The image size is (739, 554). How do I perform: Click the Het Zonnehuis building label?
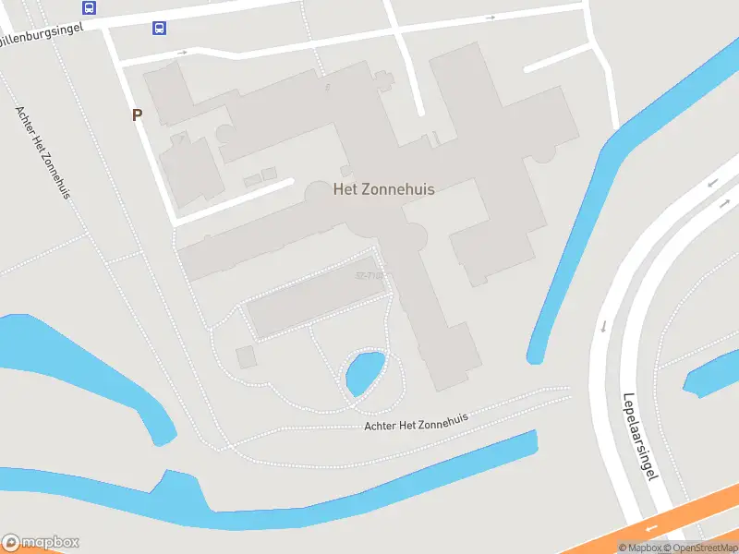(x=383, y=188)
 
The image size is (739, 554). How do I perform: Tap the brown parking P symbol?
(x=138, y=115)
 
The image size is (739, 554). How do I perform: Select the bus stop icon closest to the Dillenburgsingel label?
(x=89, y=8)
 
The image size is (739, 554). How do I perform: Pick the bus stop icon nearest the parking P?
(x=160, y=28)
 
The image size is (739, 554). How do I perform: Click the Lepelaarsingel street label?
(x=638, y=433)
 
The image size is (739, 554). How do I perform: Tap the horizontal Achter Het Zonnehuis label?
(x=416, y=421)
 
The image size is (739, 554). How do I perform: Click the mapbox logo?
(x=41, y=543)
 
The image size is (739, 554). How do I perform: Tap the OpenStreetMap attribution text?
(x=700, y=548)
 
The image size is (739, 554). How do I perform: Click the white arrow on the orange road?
(x=651, y=528)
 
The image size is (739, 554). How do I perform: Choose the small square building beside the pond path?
(x=246, y=356)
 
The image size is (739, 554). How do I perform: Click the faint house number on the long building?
(x=369, y=275)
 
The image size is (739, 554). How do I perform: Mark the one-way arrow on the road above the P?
(x=182, y=53)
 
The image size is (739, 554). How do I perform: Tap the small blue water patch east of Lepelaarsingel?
(x=712, y=375)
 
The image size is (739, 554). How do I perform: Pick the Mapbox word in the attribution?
(x=639, y=548)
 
